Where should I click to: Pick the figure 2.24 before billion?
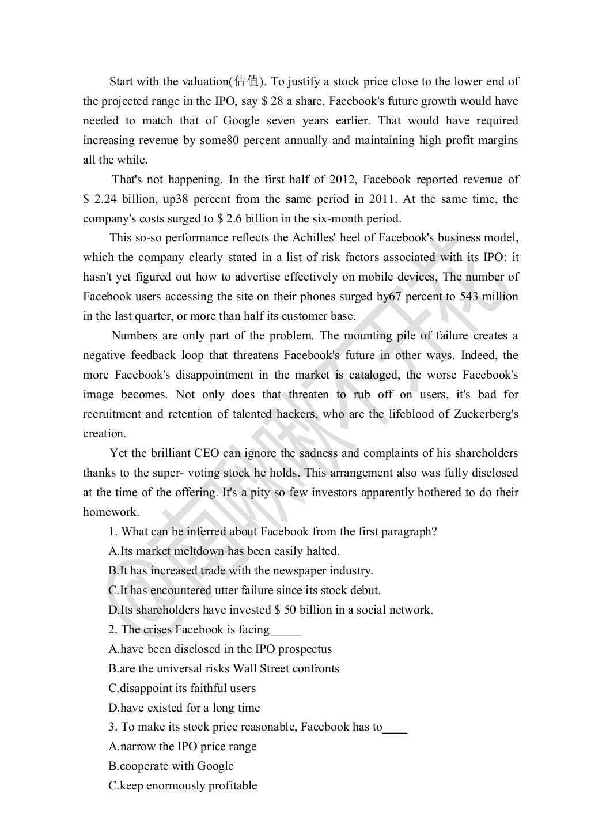click(x=105, y=199)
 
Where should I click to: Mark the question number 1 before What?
click(x=113, y=532)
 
